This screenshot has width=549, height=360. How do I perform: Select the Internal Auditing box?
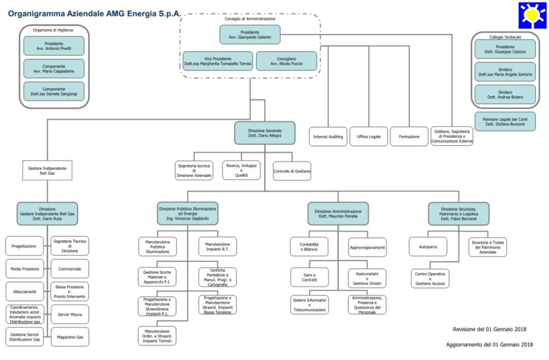(x=328, y=137)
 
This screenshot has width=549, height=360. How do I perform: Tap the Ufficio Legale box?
(x=368, y=137)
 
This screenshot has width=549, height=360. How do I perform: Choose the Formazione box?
(x=409, y=137)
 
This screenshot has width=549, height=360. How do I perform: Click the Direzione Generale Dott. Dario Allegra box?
(x=264, y=133)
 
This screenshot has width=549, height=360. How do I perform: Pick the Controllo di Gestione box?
(x=292, y=171)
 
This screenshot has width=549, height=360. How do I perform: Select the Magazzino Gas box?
(x=70, y=337)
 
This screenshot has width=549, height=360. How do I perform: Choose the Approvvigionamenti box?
(x=367, y=247)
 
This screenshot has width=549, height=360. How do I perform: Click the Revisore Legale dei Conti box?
(x=505, y=121)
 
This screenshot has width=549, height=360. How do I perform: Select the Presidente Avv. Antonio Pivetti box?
(x=54, y=46)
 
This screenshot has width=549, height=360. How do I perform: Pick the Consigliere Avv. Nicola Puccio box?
(x=283, y=61)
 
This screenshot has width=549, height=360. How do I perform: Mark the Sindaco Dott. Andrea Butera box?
(x=505, y=95)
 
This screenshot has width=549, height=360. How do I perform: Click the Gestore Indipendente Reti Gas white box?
(x=47, y=170)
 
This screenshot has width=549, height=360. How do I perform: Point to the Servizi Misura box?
(x=70, y=314)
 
